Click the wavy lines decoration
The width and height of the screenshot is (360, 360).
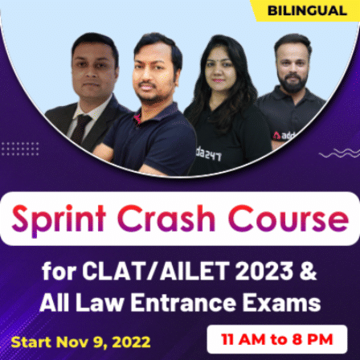tap(337, 152)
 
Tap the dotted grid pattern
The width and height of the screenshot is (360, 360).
tap(19, 149)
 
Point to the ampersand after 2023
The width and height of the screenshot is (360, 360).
tap(307, 268)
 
